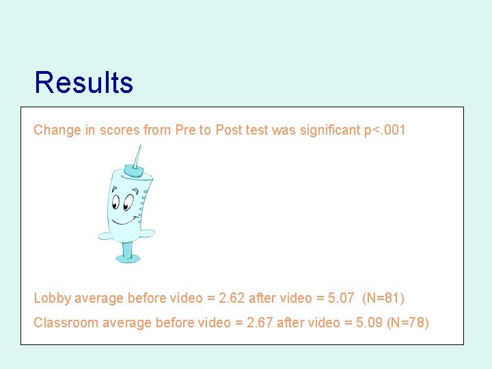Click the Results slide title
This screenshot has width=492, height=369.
tap(83, 83)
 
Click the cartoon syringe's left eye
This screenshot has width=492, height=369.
tap(117, 203)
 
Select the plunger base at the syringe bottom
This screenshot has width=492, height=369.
tap(128, 258)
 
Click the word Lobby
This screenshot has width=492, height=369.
tap(52, 298)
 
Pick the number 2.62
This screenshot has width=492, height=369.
tap(231, 298)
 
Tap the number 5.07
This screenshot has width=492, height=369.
tap(340, 298)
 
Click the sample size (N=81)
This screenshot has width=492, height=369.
tap(384, 298)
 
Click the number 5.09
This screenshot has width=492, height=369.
tap(367, 323)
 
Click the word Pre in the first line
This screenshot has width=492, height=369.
tap(185, 130)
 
